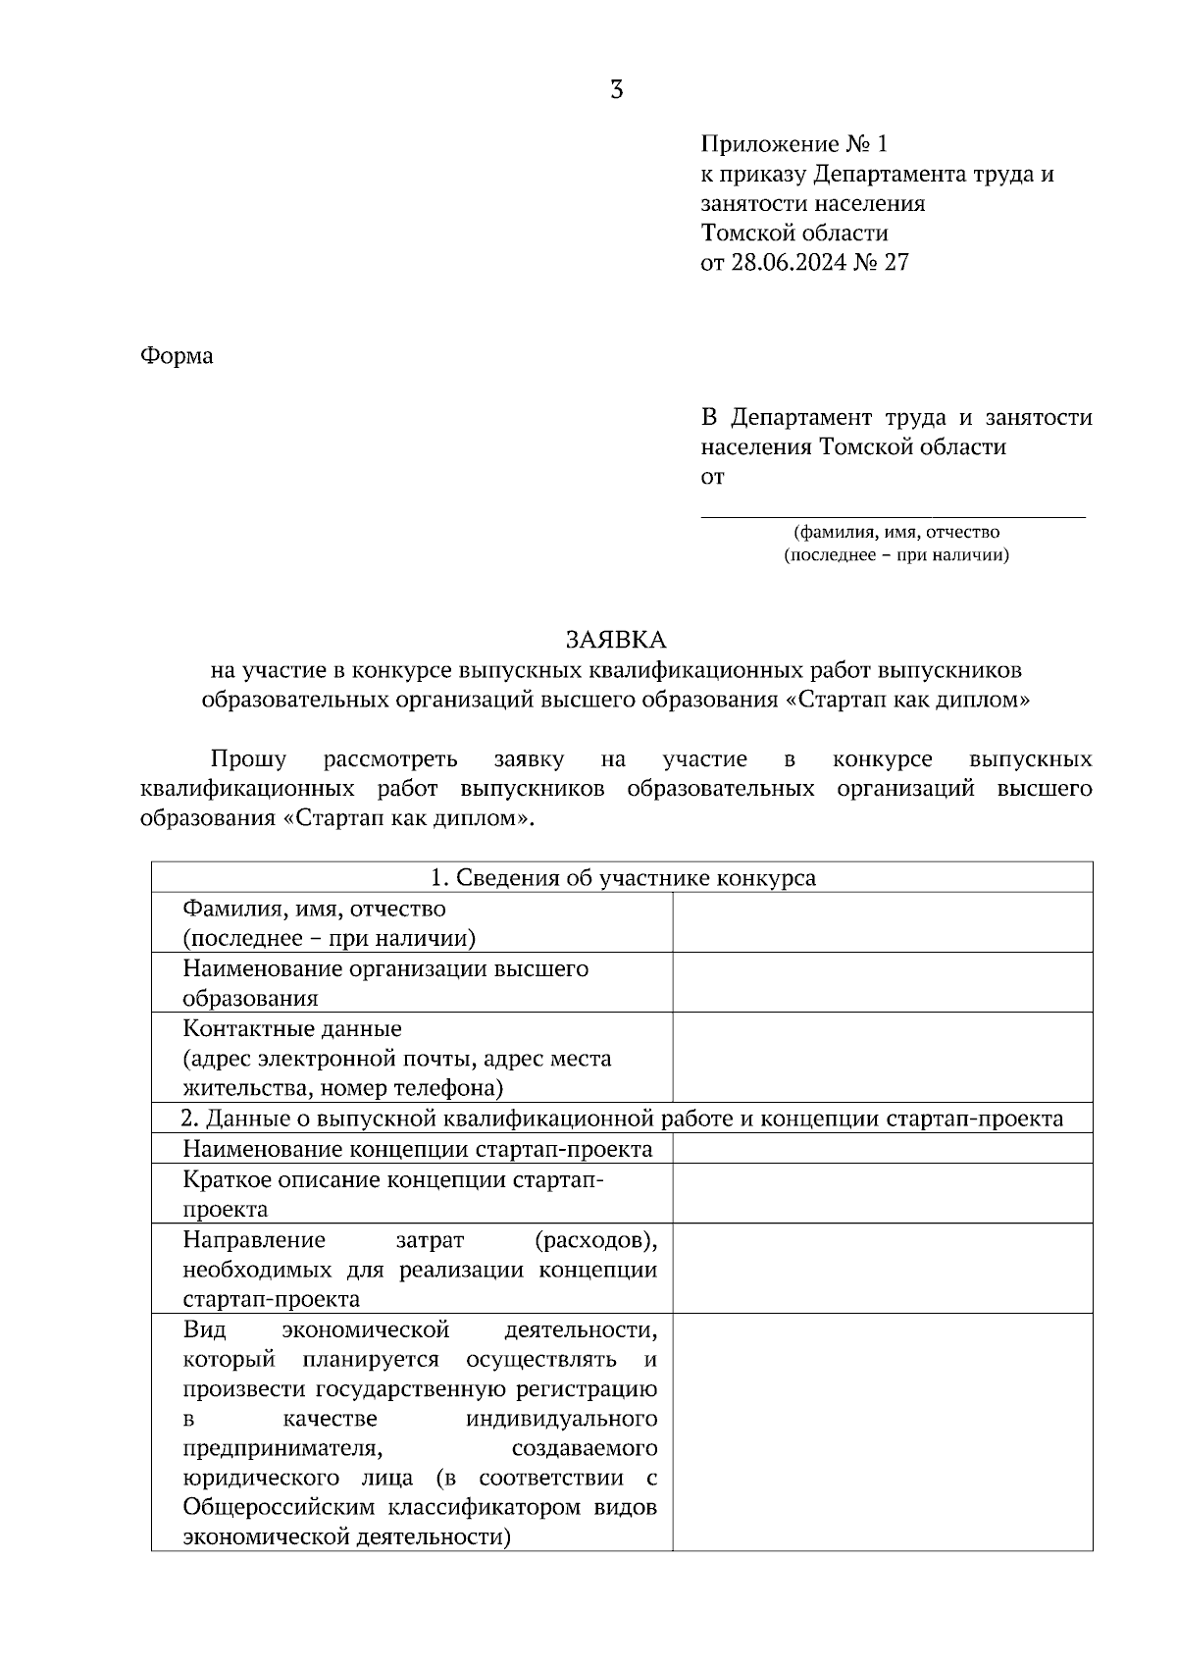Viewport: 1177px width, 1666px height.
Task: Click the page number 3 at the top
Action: coord(616,90)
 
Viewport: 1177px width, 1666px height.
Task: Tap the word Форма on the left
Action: coord(177,355)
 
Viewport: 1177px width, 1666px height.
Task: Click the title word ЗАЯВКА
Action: coord(616,641)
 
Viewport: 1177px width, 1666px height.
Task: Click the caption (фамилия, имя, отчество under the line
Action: coord(896,532)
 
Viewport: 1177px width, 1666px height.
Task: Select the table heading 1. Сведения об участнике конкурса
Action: coord(623,877)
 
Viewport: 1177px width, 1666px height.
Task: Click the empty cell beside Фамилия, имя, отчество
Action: coord(882,922)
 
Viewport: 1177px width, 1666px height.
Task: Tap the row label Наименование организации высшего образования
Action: coord(384,982)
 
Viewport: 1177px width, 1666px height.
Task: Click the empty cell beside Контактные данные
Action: coord(882,1057)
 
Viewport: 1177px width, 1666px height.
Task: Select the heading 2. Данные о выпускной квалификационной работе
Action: coord(623,1119)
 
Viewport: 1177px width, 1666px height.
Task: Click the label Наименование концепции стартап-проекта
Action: coord(417,1149)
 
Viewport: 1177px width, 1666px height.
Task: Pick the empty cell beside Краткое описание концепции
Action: coord(882,1193)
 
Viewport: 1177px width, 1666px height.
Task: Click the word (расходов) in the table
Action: coord(596,1240)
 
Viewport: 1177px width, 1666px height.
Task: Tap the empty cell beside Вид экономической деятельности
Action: coord(882,1432)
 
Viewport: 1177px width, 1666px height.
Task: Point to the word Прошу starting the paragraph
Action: coord(248,759)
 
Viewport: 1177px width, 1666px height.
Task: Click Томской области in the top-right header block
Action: coord(794,234)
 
